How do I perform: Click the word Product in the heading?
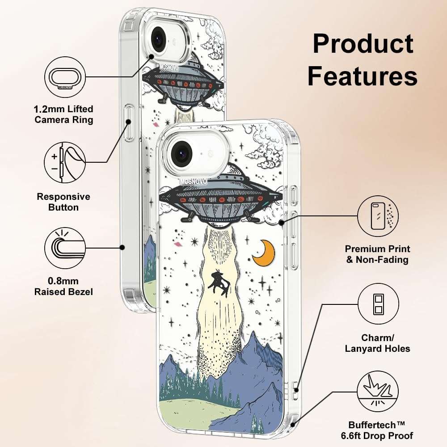[363, 44]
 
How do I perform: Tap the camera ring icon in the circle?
[65, 77]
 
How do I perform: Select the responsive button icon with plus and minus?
[65, 163]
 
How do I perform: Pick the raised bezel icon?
[65, 248]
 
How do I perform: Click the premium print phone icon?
[378, 216]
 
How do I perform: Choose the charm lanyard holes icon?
[378, 304]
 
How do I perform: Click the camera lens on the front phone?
[181, 154]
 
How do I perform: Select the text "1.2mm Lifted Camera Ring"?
[63, 114]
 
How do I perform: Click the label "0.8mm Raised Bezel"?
[63, 287]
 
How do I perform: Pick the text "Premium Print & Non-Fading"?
[377, 254]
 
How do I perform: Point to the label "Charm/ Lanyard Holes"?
[377, 343]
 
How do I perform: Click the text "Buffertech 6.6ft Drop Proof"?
[377, 430]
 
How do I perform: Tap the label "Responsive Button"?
[63, 202]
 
